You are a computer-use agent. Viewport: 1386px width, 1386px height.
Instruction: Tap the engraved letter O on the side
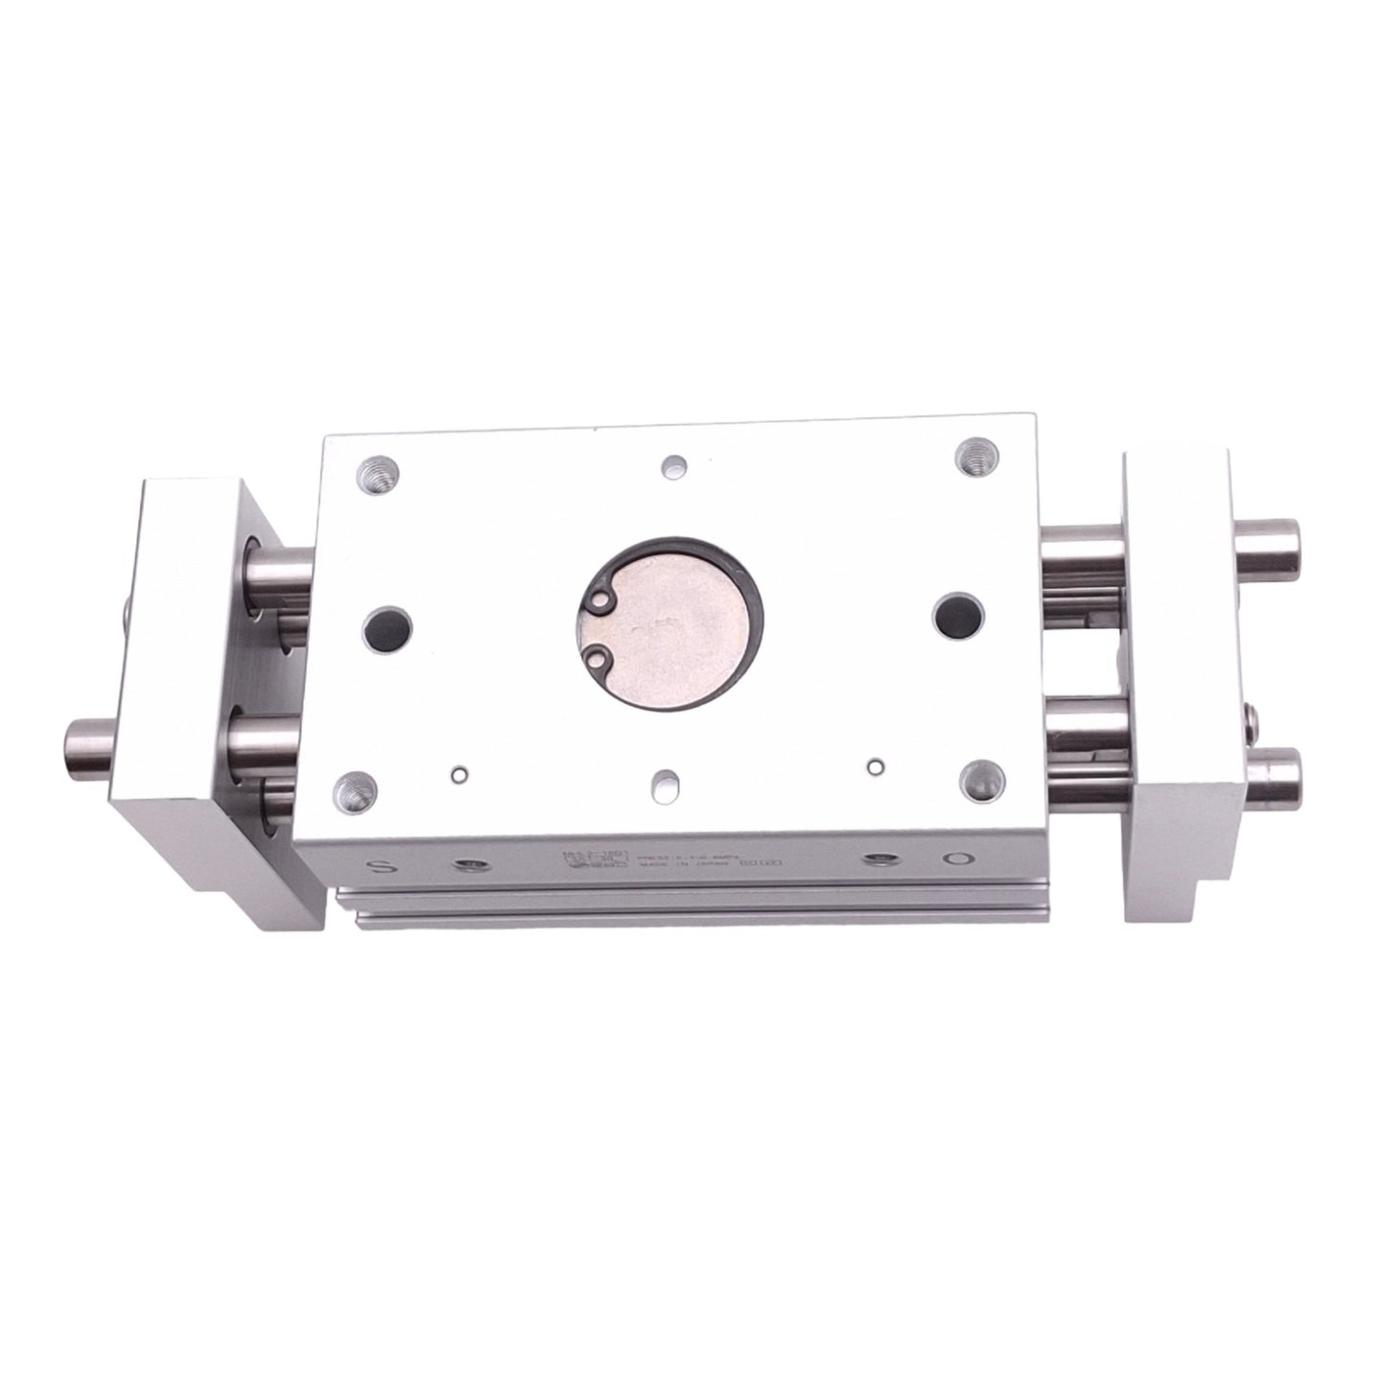coord(956,834)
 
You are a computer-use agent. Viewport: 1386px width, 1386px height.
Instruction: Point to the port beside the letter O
coord(875,833)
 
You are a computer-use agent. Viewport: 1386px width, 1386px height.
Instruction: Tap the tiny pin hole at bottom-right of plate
coord(874,765)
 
